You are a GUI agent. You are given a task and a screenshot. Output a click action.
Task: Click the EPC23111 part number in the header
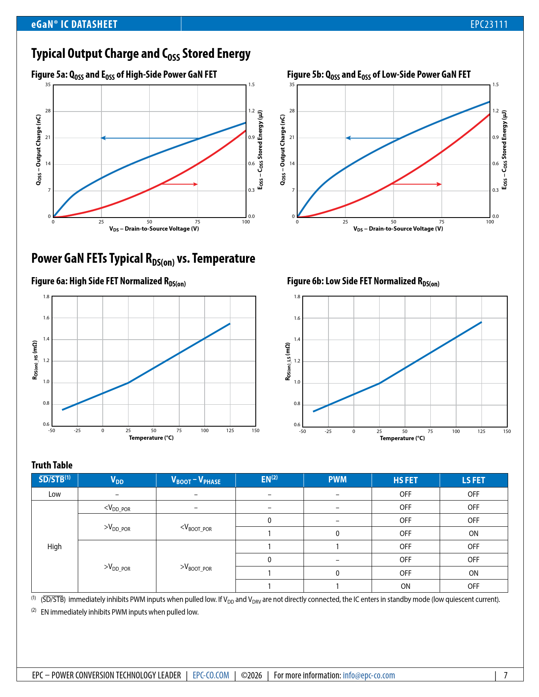(x=489, y=25)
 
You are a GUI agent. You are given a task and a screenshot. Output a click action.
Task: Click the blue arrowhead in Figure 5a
(x=103, y=138)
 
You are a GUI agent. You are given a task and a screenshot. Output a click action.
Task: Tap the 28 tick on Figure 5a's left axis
(x=48, y=111)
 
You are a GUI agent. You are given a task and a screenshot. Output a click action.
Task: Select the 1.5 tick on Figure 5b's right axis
(x=495, y=85)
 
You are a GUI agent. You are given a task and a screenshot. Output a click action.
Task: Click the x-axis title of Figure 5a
(x=154, y=229)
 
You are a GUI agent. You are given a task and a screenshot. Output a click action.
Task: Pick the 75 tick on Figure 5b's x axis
(x=442, y=222)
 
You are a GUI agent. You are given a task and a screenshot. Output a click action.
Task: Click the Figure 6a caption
(x=108, y=282)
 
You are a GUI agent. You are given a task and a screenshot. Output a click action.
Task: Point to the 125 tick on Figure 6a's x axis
(x=230, y=431)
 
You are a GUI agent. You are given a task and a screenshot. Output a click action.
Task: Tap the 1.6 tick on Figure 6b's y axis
(x=297, y=318)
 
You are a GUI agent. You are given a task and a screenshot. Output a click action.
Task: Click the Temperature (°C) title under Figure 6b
(x=402, y=438)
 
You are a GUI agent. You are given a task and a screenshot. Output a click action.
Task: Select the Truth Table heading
(x=52, y=465)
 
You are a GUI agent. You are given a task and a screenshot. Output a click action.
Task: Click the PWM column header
(x=337, y=480)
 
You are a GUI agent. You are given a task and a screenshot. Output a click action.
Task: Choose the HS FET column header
(x=405, y=480)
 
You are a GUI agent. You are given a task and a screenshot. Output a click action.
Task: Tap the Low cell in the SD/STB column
(x=55, y=494)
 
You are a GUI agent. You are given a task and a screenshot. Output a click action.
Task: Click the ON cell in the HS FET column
(x=405, y=586)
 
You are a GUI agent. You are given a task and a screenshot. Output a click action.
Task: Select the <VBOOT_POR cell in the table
(x=196, y=527)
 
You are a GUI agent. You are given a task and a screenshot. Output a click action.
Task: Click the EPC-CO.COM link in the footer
(x=211, y=675)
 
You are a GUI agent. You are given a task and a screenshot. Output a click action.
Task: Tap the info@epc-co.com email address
(x=369, y=675)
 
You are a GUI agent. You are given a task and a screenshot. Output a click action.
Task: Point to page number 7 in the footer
(x=505, y=675)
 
